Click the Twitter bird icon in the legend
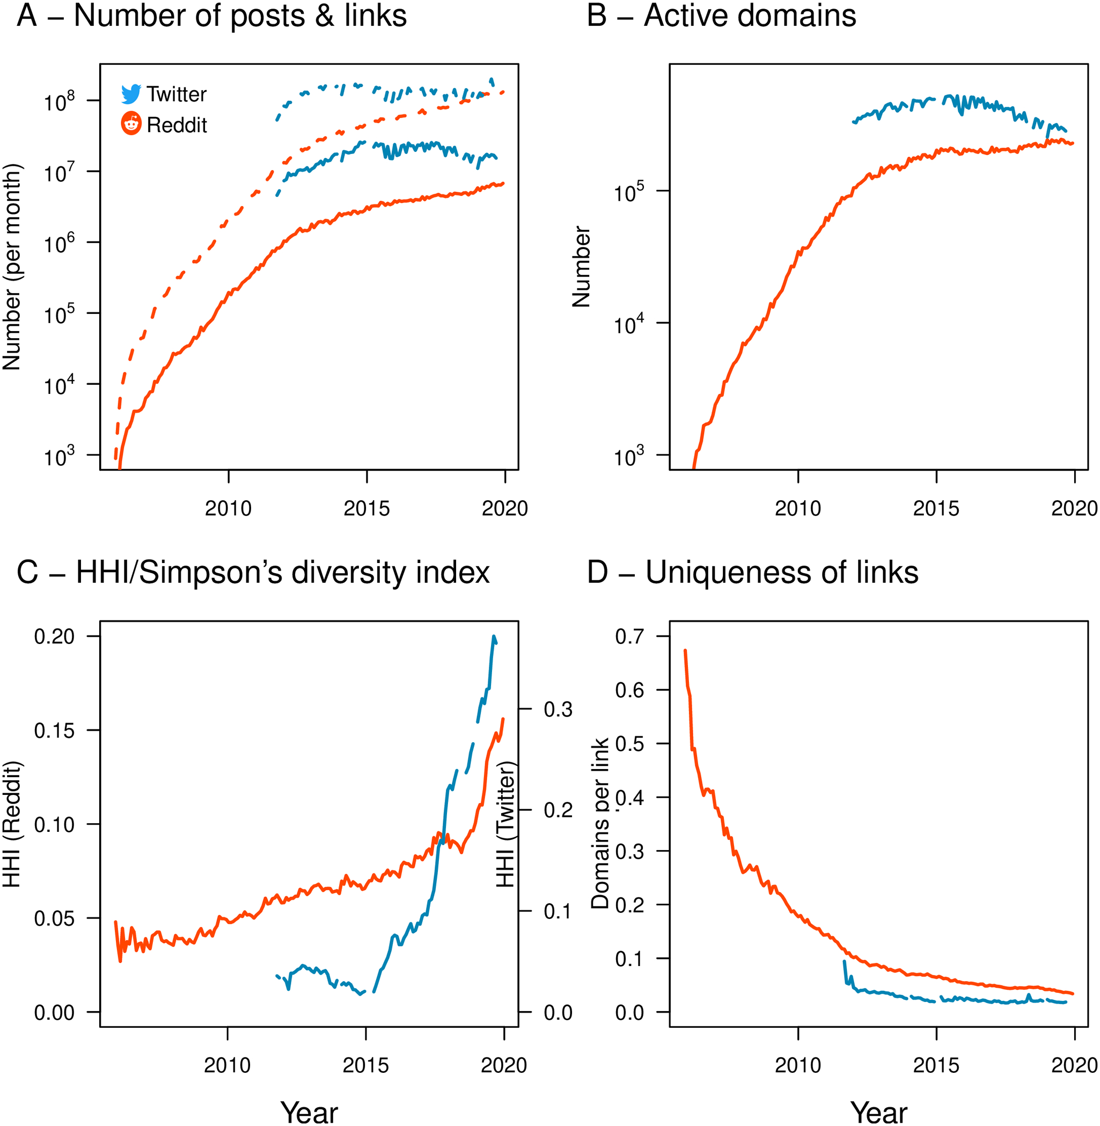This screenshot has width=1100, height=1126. [131, 94]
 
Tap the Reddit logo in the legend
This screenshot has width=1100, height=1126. [131, 123]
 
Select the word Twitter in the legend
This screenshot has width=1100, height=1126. [176, 94]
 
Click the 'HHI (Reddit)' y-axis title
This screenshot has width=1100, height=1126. [12, 824]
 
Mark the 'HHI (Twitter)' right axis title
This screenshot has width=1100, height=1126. [505, 825]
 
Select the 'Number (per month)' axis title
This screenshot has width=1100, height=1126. [12, 267]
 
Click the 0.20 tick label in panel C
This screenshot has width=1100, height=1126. [54, 637]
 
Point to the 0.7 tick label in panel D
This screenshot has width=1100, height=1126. [629, 637]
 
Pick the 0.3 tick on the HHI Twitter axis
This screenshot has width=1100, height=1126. [558, 710]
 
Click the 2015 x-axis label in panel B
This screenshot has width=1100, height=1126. [936, 508]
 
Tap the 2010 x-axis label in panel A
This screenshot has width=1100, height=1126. [228, 508]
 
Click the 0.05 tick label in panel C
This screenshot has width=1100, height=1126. [54, 919]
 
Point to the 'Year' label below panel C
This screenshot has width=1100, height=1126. [309, 1112]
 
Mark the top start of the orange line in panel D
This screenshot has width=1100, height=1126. [685, 650]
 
